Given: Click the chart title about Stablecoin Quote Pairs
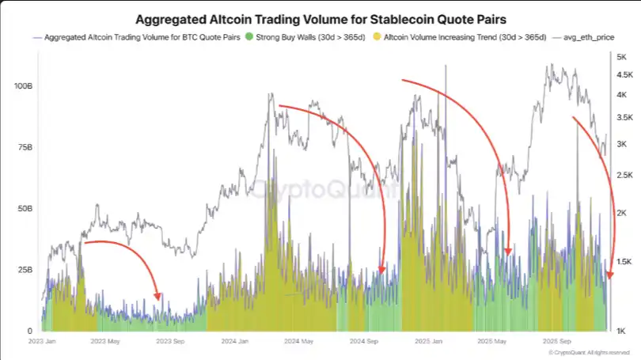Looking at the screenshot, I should pyautogui.click(x=320, y=18).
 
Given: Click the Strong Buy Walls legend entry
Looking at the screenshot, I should pyautogui.click(x=290, y=37).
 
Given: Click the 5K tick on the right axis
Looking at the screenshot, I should pyautogui.click(x=621, y=57).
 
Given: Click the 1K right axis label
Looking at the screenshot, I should pyautogui.click(x=621, y=331).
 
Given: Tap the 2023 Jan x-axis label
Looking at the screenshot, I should pyautogui.click(x=51, y=342).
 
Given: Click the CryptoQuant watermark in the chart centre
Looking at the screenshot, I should pyautogui.click(x=320, y=190).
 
